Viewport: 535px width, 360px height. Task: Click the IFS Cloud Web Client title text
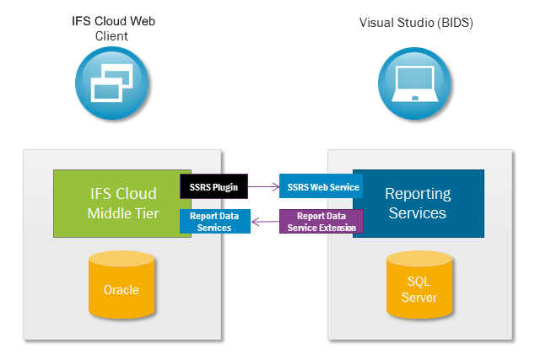[x=112, y=29]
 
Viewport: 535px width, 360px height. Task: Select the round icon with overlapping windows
[x=111, y=83]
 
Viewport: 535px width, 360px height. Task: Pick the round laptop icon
[x=416, y=83]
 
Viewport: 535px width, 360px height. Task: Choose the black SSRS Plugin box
[x=213, y=186]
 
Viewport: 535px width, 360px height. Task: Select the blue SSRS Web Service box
[x=321, y=186]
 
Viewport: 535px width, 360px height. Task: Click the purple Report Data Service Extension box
[x=321, y=222]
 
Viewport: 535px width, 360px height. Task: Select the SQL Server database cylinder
[x=419, y=288]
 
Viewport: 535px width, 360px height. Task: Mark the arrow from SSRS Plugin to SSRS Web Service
[x=263, y=186]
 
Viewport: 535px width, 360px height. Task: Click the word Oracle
[x=122, y=290]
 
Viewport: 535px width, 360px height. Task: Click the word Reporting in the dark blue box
[x=418, y=194]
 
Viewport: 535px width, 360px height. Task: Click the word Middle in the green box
[x=110, y=212]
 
